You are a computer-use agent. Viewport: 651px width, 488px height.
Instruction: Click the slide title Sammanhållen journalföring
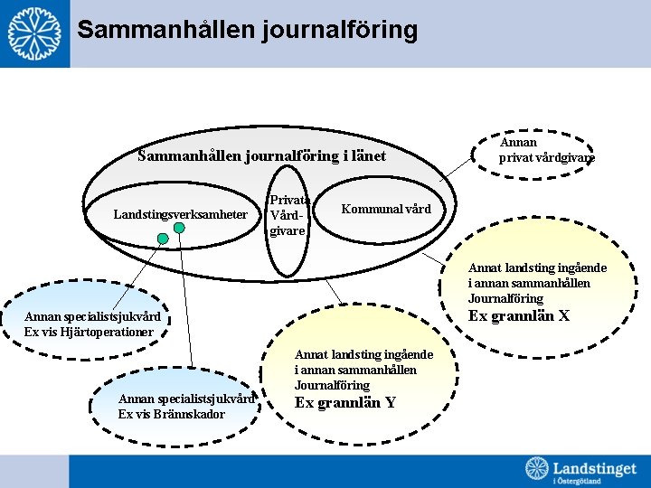point(247,30)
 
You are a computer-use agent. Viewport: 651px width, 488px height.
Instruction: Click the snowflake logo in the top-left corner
point(34,33)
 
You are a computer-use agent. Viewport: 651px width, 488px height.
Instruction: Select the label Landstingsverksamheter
point(180,214)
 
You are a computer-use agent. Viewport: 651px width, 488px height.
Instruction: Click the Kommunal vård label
point(386,209)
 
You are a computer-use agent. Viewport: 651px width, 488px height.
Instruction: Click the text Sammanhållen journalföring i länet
point(261,155)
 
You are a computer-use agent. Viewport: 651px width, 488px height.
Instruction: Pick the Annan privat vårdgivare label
point(545,149)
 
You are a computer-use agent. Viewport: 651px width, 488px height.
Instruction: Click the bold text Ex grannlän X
point(519,315)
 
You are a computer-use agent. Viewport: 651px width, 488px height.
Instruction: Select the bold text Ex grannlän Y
point(345,402)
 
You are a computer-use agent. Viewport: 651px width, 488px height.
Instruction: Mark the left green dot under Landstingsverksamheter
point(163,239)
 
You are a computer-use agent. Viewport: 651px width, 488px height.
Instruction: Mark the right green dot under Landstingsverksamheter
point(180,228)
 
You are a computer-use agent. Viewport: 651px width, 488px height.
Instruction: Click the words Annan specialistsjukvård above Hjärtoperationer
point(93,316)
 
